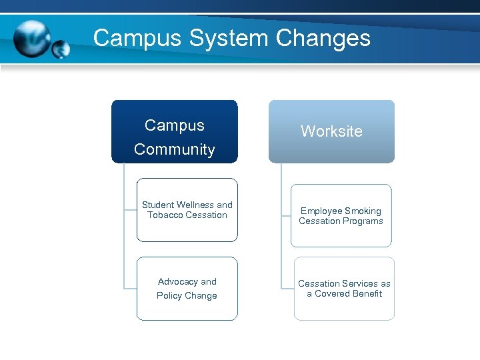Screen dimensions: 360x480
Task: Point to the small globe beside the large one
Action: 61,49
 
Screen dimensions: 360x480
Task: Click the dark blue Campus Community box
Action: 174,131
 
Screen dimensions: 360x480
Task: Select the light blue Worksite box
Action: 331,131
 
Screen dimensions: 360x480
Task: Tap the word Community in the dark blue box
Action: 174,149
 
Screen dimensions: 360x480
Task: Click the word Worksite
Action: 331,131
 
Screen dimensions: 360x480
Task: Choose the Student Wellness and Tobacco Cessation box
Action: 187,210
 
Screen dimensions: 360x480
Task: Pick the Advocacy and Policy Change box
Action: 187,289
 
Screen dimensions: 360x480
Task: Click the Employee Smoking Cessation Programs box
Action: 341,216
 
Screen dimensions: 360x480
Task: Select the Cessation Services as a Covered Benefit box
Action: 343,289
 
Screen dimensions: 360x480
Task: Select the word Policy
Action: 169,296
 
